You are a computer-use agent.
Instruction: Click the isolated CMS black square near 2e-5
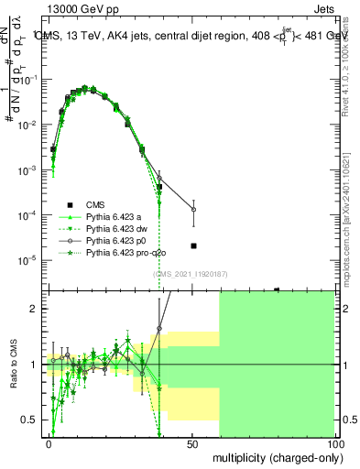click(193, 245)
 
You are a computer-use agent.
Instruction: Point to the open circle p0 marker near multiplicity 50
click(193, 210)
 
